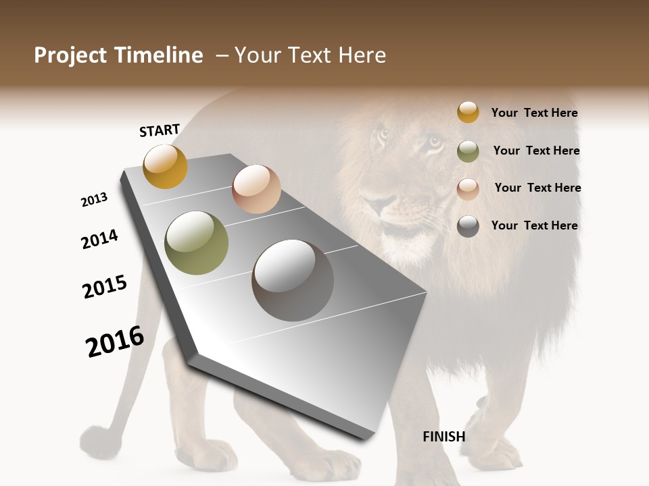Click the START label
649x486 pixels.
point(160,130)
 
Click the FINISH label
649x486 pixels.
point(444,437)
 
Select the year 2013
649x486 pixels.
point(94,200)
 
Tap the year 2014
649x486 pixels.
point(99,239)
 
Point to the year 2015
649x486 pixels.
point(105,287)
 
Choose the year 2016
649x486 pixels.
point(115,341)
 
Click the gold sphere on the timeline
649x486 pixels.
point(165,166)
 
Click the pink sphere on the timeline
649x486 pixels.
point(256,188)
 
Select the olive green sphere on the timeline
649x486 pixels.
point(197,242)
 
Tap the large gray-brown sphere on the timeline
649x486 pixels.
point(293,280)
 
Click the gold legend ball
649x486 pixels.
point(468,113)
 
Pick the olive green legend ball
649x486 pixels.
point(468,151)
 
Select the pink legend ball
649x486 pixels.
point(468,188)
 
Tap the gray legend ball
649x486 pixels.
point(468,226)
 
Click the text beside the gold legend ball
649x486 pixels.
point(534,113)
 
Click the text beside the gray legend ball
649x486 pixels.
point(534,225)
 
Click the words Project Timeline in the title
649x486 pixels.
point(118,55)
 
